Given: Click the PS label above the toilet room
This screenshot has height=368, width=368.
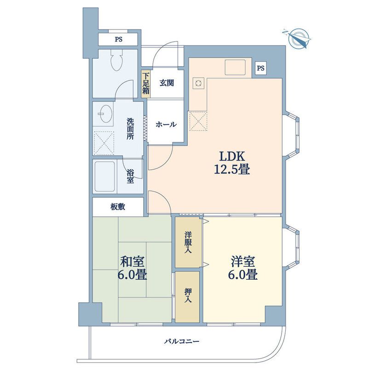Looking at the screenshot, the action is click(x=119, y=40).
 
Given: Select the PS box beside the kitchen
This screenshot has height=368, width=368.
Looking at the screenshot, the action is click(x=260, y=68).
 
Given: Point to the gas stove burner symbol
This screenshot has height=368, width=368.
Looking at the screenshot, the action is click(x=199, y=83).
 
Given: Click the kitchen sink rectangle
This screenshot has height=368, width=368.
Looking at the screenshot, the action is click(x=235, y=67).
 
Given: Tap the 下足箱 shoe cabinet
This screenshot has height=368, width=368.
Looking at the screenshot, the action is click(x=145, y=84).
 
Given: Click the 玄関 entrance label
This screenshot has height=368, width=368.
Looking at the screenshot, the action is click(x=167, y=83).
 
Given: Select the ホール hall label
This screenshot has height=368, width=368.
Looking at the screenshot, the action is click(x=166, y=124).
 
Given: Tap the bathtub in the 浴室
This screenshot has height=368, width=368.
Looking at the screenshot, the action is click(x=105, y=177).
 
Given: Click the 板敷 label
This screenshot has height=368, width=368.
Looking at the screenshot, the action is click(x=118, y=207).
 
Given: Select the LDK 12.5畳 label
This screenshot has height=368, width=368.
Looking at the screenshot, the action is click(x=232, y=162).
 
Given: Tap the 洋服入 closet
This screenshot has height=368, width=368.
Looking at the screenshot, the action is click(x=189, y=242).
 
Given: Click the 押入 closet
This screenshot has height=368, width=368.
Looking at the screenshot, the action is click(x=188, y=297).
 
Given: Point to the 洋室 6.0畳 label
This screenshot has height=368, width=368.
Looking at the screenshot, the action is click(x=243, y=268).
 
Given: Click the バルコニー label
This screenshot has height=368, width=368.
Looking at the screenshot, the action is click(x=181, y=341).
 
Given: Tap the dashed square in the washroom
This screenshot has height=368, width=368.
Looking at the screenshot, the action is click(x=104, y=143).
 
